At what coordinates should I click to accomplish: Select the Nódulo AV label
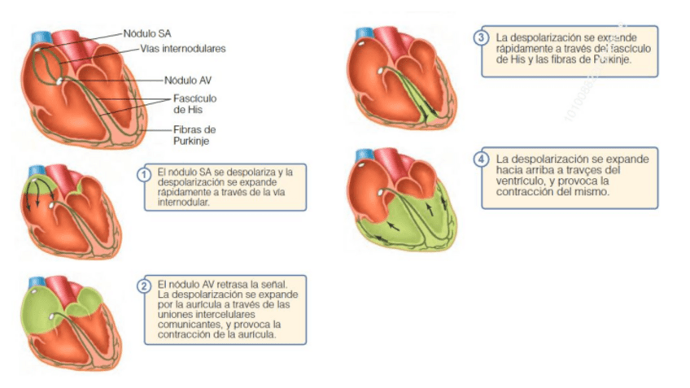click(x=188, y=81)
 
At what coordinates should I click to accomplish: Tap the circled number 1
click(x=144, y=173)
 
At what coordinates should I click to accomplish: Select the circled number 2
click(x=144, y=286)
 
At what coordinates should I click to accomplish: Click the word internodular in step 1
click(x=184, y=203)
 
